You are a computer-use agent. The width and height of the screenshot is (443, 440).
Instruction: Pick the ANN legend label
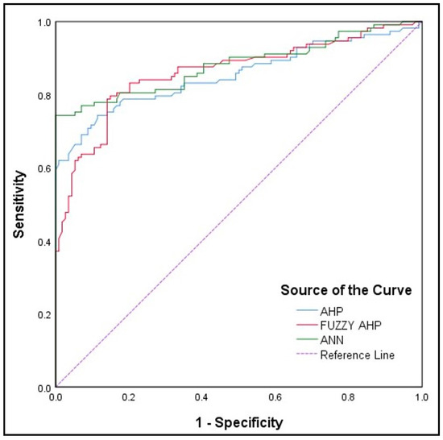click(331, 340)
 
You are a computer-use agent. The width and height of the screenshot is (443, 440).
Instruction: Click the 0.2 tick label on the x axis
click(128, 398)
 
